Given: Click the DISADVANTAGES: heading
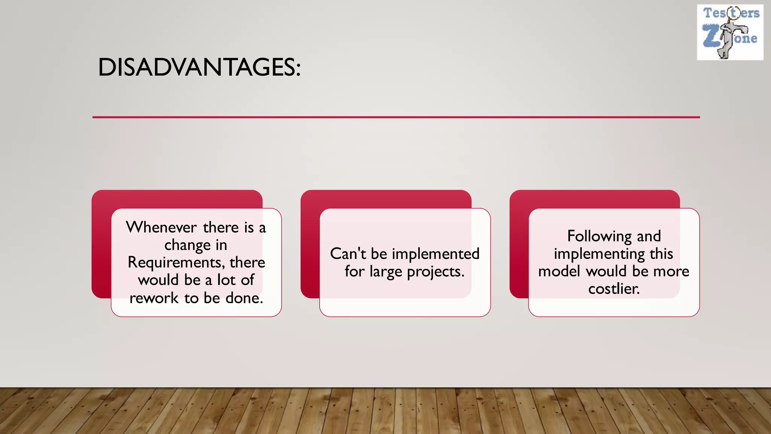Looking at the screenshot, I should tap(199, 68).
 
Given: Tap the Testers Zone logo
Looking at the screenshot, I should tap(730, 32).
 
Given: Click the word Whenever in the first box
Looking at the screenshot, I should tap(161, 228).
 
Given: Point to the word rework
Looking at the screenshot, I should tap(154, 298).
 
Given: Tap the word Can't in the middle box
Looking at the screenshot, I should tap(348, 254).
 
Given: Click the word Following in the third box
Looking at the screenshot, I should tap(599, 237).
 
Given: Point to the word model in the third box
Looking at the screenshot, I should tap(559, 271).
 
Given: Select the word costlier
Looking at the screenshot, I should tap(614, 289).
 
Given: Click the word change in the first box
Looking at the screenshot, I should tap(187, 245).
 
